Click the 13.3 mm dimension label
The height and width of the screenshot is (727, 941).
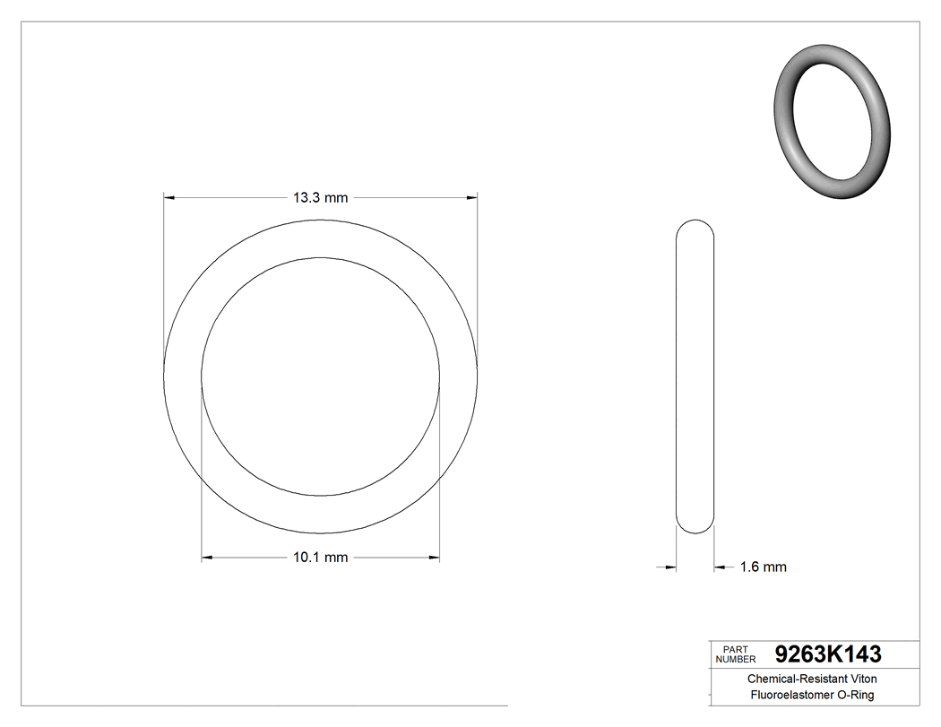click(320, 198)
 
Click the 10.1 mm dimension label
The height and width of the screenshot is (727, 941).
click(320, 558)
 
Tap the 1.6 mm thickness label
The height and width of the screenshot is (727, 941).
click(763, 567)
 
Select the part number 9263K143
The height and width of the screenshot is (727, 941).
click(827, 653)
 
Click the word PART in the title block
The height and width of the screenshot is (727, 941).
click(735, 649)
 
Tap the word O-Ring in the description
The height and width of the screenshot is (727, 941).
click(856, 695)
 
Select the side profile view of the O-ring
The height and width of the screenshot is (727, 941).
click(695, 376)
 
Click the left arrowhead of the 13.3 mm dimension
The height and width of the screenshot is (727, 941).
click(168, 197)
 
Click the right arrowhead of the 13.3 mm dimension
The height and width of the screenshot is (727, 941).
click(471, 197)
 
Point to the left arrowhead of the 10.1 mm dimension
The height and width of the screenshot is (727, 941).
click(207, 558)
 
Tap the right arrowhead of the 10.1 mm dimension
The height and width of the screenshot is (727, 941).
click(435, 558)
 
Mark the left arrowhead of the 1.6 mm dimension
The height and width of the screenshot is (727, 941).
click(670, 567)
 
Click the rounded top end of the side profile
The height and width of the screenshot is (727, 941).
click(695, 226)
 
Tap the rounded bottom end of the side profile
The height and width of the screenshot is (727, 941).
click(695, 527)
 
